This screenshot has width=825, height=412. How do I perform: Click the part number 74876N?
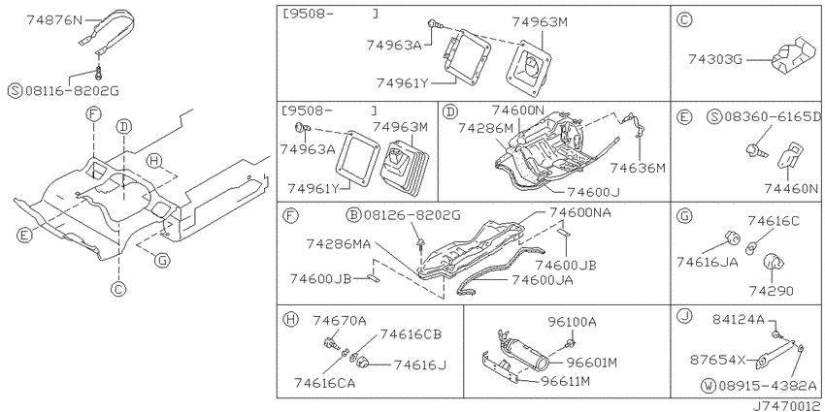pos(54,20)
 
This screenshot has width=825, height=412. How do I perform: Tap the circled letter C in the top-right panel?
pos(684,20)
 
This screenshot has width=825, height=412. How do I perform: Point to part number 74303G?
pos(715,59)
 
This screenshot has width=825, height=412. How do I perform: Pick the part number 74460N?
pos(792,189)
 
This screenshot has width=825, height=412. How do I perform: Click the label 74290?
pos(773,291)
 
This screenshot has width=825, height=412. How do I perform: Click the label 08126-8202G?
pos(412,215)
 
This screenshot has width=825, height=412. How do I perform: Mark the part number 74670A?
pos(340,320)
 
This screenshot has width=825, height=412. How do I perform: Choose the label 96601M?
pos(591,363)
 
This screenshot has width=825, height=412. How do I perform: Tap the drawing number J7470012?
pos(788,406)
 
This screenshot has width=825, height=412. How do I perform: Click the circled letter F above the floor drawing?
pos(93,113)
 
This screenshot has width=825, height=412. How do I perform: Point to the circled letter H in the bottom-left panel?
pos(289,319)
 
